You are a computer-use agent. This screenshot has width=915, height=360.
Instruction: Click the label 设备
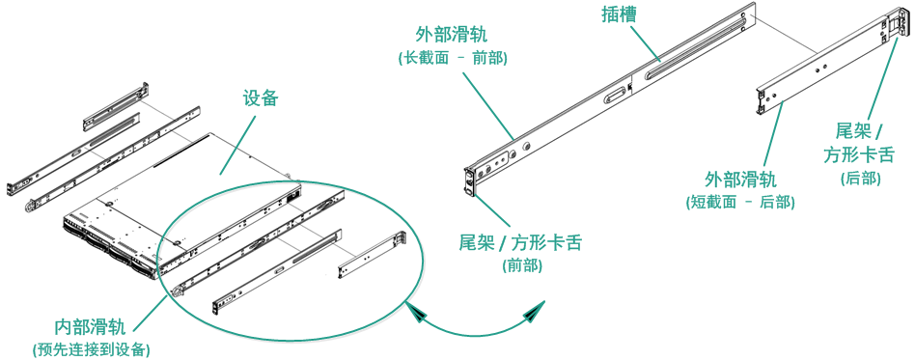pos(261,98)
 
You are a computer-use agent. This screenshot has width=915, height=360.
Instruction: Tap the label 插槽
pos(619,15)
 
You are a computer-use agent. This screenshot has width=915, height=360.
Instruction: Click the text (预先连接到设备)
pos(91,349)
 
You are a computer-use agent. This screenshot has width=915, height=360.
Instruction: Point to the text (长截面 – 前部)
pos(453,59)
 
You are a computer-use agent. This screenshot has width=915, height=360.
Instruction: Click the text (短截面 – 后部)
pos(740,202)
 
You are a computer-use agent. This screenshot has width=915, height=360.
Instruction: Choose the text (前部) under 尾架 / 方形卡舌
pos(522,265)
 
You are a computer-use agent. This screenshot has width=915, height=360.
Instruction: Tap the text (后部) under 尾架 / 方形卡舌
pos(861,179)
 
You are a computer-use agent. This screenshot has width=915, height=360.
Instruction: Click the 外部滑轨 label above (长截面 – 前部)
pos(452,35)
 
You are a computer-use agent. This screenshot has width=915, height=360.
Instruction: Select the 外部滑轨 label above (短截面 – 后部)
pos(741,179)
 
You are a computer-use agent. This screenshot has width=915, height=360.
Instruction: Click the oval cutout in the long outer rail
pos(615,94)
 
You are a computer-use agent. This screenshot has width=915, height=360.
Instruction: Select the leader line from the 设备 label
pos(237,144)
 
